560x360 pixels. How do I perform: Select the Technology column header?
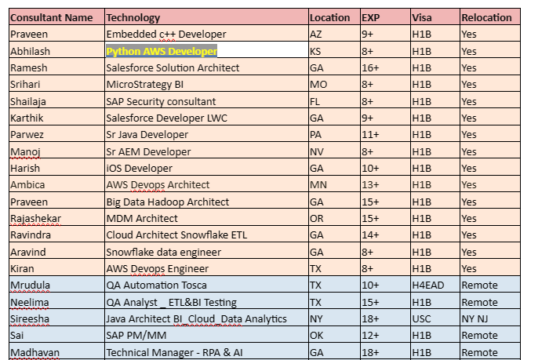(x=133, y=17)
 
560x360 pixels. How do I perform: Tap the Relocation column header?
(x=486, y=17)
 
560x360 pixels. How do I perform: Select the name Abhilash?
(x=29, y=51)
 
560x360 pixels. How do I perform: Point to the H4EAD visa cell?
(x=428, y=285)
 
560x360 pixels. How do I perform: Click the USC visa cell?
(x=422, y=318)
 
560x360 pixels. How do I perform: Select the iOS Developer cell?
(x=138, y=168)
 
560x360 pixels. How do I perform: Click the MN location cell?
(x=318, y=185)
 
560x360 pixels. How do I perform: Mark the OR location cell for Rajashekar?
(x=318, y=218)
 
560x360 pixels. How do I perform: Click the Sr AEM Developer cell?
(x=148, y=151)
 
